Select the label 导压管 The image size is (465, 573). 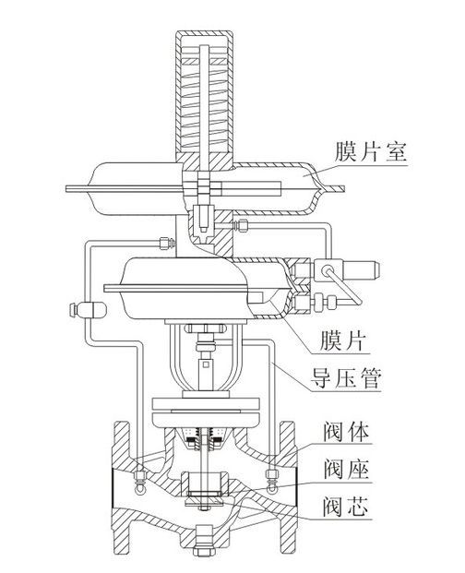point(350,378)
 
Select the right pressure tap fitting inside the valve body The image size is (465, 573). point(272,477)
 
